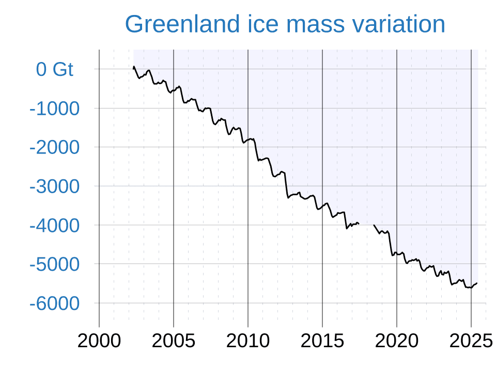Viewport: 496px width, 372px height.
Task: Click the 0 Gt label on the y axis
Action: click(x=55, y=69)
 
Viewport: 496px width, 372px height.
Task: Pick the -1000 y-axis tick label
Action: click(x=55, y=109)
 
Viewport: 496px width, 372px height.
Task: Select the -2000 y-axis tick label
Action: click(x=55, y=147)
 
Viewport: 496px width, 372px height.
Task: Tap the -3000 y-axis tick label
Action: click(x=55, y=186)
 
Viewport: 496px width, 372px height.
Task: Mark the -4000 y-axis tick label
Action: click(x=55, y=225)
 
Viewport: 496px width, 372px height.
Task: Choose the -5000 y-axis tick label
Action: click(x=55, y=264)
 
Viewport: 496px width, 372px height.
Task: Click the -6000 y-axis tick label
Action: click(x=55, y=303)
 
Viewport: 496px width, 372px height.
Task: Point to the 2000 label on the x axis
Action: click(x=99, y=341)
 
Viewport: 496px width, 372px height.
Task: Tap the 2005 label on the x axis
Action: click(x=174, y=341)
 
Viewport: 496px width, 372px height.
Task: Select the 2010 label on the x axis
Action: click(x=248, y=341)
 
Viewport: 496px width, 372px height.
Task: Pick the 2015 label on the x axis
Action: click(x=322, y=341)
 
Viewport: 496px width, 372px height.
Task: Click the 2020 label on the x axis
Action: click(x=397, y=341)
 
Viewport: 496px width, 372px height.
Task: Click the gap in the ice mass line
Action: click(x=366, y=224)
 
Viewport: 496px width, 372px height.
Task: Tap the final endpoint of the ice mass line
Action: click(x=477, y=283)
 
